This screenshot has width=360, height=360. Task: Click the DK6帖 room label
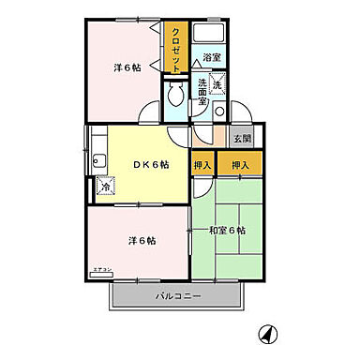point(151,165)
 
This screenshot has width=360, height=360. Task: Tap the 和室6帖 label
point(228,230)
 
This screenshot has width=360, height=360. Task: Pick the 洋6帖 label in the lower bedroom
point(142,241)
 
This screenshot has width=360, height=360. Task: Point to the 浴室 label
point(213,58)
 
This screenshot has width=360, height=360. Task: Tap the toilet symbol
point(174,97)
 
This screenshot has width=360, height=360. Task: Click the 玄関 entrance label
point(242,139)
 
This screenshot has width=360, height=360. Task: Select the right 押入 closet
point(241,166)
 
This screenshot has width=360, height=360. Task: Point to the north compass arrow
point(267,332)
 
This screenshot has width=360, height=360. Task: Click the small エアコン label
point(101,270)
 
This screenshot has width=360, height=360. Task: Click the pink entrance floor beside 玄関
point(217,139)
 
